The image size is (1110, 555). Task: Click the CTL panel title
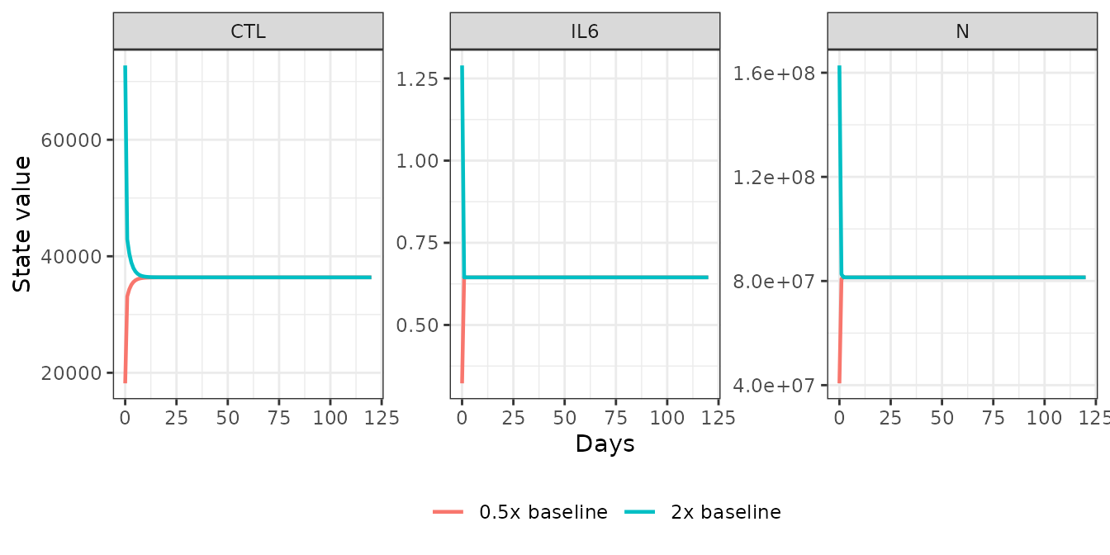pos(249,31)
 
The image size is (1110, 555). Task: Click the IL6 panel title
pos(585,31)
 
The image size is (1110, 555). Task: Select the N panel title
pos(962,31)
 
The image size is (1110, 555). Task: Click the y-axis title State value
pos(21,224)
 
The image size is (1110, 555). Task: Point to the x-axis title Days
pos(605,444)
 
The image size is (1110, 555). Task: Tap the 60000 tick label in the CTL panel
pos(71,140)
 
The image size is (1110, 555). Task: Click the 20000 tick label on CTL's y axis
pos(71,373)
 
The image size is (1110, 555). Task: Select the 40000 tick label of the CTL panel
pos(71,257)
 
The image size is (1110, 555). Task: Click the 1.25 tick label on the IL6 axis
pos(417,78)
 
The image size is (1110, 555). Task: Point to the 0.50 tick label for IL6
pos(417,325)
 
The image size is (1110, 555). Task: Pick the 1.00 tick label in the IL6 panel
pos(417,161)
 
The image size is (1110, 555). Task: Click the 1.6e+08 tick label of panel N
pos(774,74)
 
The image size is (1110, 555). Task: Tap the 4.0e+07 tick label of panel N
pos(774,385)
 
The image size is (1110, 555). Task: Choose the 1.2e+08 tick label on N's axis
pos(774,178)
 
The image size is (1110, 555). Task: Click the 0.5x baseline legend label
pos(543,512)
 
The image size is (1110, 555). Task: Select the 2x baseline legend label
pos(726,512)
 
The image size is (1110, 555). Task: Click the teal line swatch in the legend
pos(640,512)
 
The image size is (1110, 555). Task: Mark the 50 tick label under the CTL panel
pos(228,418)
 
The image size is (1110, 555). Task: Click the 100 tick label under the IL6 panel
pos(667,418)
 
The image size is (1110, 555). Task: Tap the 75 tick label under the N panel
pos(993,418)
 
